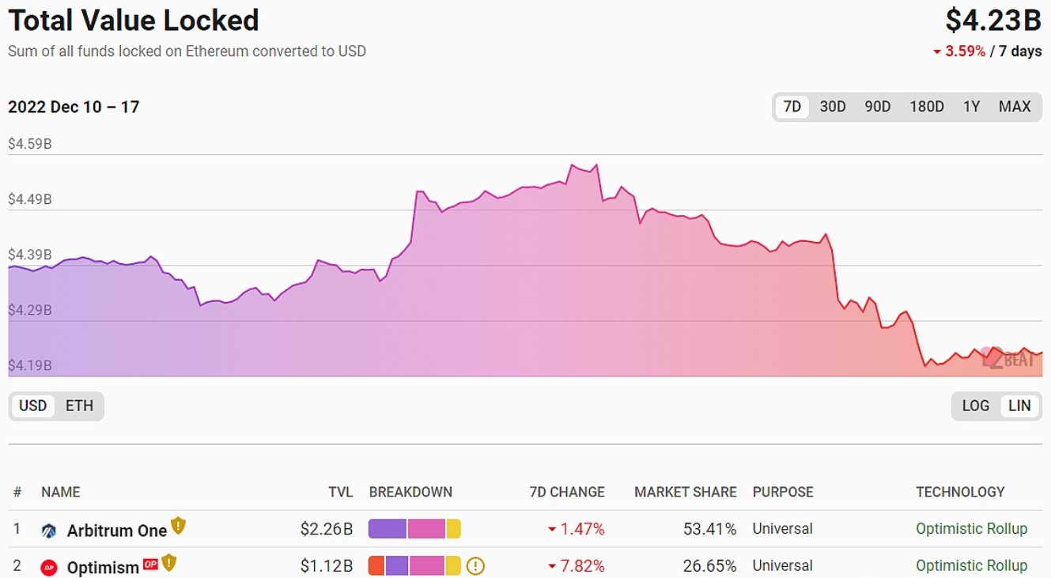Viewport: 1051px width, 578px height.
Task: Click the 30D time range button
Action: (833, 107)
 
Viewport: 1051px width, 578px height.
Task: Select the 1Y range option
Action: (971, 107)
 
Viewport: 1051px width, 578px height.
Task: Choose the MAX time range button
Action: (1015, 107)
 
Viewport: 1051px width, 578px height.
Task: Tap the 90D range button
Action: (877, 107)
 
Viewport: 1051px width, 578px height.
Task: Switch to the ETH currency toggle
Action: (79, 406)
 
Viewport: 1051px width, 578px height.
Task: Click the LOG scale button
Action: (975, 406)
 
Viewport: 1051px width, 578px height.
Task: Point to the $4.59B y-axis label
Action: (30, 144)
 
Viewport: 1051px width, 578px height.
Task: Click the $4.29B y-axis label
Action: (30, 310)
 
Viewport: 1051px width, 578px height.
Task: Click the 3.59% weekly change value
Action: (965, 51)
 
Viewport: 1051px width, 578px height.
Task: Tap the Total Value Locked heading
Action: (134, 21)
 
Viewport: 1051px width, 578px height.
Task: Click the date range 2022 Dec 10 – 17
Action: (74, 107)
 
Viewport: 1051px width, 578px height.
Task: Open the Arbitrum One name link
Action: (116, 530)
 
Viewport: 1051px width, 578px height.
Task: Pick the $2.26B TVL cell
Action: (326, 529)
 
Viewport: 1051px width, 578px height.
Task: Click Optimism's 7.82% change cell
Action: (582, 566)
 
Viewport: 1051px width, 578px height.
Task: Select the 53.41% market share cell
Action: (709, 529)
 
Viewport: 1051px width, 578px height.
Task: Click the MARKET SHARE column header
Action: (685, 492)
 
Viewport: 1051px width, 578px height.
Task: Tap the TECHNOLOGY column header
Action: (960, 492)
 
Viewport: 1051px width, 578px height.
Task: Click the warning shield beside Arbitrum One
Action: (178, 526)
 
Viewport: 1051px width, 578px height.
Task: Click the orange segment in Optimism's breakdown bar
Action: (376, 566)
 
